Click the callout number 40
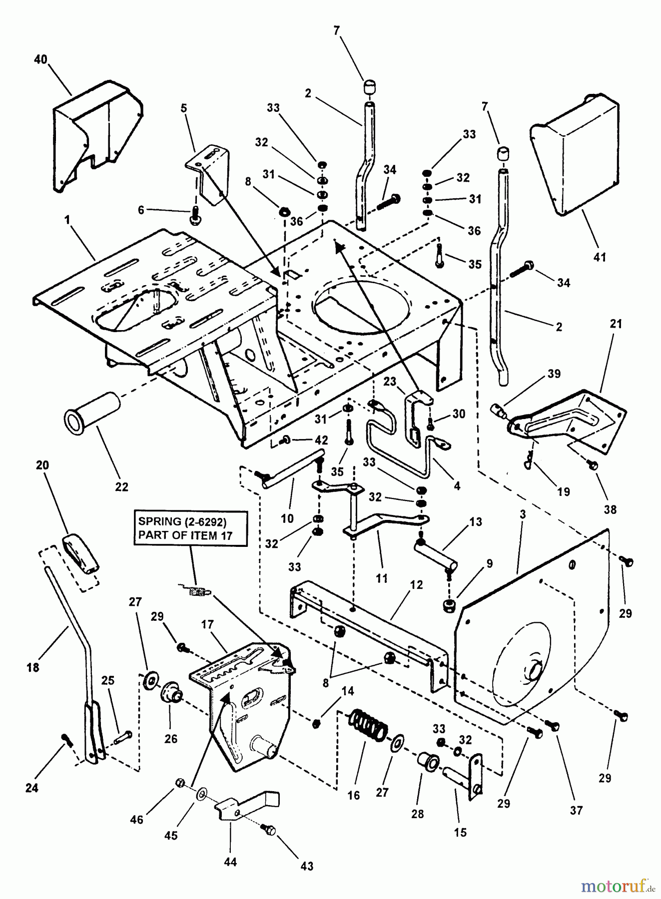(40, 60)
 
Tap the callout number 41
(600, 257)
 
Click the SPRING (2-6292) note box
(190, 528)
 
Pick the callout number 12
(416, 585)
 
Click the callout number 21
(616, 324)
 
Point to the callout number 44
(230, 862)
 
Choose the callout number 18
(33, 667)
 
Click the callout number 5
(184, 108)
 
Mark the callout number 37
(577, 810)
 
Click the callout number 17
(207, 625)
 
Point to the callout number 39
(554, 374)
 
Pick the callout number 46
(137, 820)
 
